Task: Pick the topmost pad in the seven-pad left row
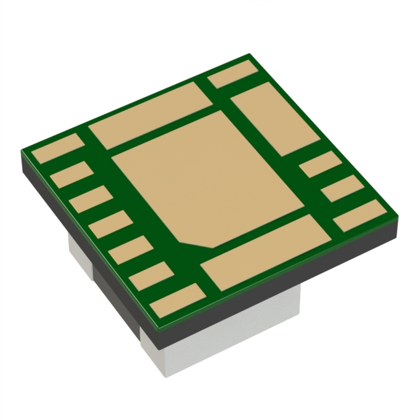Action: pyautogui.click(x=58, y=150)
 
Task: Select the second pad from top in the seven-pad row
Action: pyautogui.click(x=70, y=175)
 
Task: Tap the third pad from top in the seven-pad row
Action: pyautogui.click(x=89, y=199)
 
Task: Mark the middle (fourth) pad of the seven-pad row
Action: pyautogui.click(x=108, y=224)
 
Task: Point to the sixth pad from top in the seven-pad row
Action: pyautogui.click(x=148, y=276)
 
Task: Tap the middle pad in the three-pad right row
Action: pyautogui.click(x=340, y=189)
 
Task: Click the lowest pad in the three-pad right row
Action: pyautogui.click(x=359, y=215)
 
